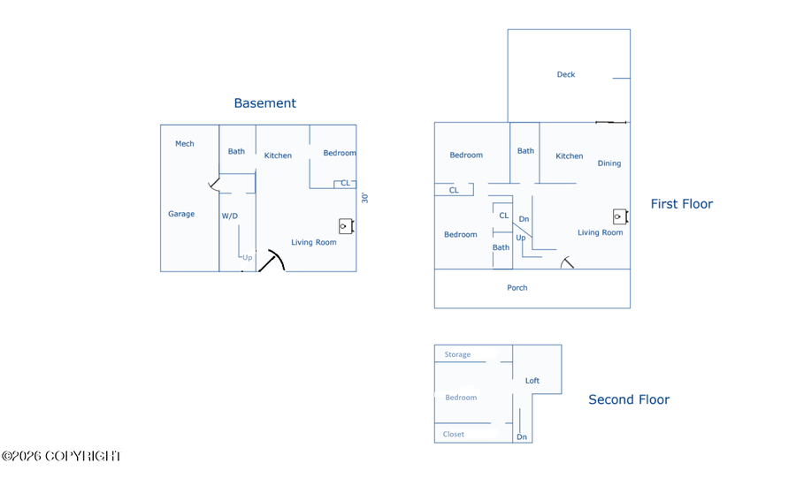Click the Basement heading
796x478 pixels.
tap(264, 102)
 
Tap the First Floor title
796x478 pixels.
tap(681, 204)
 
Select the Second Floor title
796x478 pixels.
tap(629, 399)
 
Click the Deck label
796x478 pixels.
tap(565, 74)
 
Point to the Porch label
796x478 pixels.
tap(517, 288)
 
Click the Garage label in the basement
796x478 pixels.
tap(181, 214)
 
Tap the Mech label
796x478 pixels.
tap(184, 144)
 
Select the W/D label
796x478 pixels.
tap(229, 216)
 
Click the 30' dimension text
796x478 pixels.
tap(364, 198)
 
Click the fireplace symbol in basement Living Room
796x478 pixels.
tap(346, 226)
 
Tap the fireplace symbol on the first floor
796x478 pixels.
tap(620, 216)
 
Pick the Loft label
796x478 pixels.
tap(532, 381)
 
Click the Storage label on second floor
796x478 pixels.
tap(457, 354)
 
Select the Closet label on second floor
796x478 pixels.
tap(454, 434)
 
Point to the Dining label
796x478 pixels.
tap(609, 163)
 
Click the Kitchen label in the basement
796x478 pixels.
tap(278, 156)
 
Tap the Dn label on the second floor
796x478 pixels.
tap(522, 437)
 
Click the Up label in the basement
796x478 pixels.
tap(248, 257)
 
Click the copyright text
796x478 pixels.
tap(61, 456)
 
